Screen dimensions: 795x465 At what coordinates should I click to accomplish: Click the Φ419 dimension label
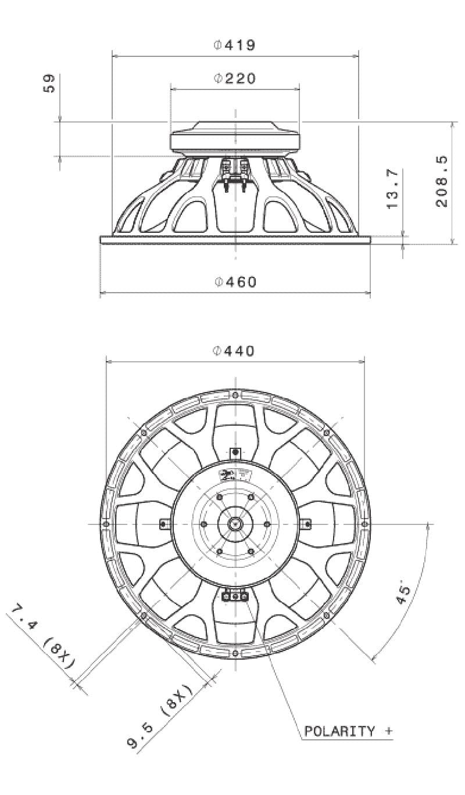point(235,45)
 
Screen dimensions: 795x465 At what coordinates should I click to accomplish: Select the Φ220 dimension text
point(235,78)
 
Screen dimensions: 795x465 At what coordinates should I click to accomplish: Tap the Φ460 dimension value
point(235,282)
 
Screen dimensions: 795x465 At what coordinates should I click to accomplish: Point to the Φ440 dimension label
point(235,351)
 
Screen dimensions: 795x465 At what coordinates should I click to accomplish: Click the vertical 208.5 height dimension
point(441,181)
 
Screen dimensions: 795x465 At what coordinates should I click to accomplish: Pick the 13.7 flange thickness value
point(392,189)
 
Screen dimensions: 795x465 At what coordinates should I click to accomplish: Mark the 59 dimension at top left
point(49,82)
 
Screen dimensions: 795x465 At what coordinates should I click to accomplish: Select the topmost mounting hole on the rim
point(235,395)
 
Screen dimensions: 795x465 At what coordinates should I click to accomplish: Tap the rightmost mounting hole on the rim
point(364,524)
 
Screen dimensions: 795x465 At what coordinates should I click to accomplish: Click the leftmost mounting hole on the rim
point(105,524)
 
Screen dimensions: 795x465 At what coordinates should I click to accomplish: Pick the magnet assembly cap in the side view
point(235,137)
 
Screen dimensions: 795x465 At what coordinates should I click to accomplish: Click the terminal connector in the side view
point(235,174)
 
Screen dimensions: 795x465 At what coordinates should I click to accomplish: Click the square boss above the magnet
point(235,452)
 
